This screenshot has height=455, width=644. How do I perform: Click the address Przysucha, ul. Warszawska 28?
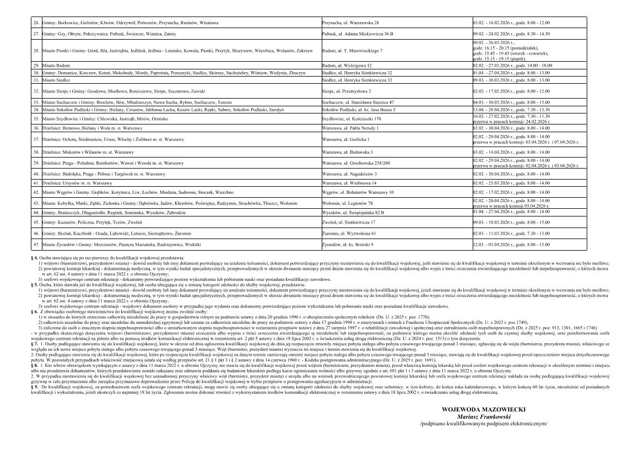pyautogui.click(x=350, y=23)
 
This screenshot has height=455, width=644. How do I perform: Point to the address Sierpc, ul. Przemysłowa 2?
pyautogui.click(x=347, y=90)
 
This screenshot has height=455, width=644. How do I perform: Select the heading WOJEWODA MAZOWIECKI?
pyautogui.click(x=484, y=409)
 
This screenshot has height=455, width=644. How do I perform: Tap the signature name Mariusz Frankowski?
pyautogui.click(x=484, y=416)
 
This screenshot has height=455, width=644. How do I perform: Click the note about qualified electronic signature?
pyautogui.click(x=484, y=424)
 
